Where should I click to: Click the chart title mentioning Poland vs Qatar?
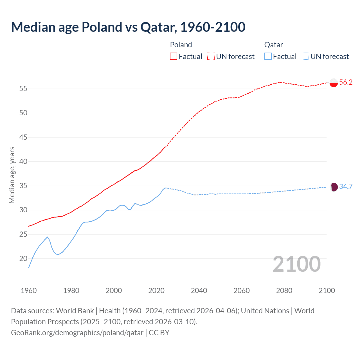[128, 27]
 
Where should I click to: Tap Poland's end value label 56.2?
[346, 82]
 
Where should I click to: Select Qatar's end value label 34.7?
[346, 186]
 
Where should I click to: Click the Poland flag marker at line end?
[334, 83]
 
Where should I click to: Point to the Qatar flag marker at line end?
[334, 187]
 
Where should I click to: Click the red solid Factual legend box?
[174, 56]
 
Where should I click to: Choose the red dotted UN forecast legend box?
[211, 56]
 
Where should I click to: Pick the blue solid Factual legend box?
[268, 56]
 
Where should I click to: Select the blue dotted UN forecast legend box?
[305, 56]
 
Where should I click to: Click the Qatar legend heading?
[273, 45]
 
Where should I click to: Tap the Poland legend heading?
[181, 45]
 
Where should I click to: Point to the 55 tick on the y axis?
[23, 89]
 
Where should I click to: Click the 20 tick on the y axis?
[23, 258]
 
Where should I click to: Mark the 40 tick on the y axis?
[23, 162]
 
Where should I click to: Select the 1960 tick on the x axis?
[29, 291]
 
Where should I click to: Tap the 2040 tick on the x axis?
[199, 291]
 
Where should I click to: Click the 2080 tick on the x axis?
[284, 291]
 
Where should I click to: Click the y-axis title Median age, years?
[12, 175]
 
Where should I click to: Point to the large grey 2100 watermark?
[297, 264]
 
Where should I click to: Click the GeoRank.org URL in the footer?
[77, 333]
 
